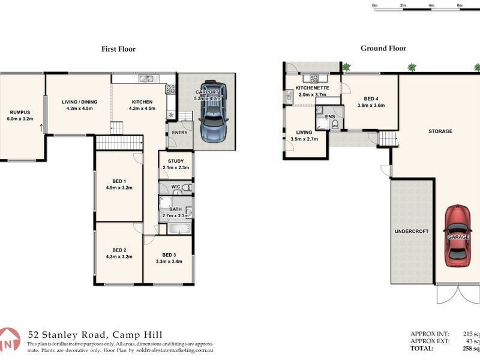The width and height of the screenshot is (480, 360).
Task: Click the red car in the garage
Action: (458, 236)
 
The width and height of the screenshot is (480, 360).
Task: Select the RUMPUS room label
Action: (20, 112)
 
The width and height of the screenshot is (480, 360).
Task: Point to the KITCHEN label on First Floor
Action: (142, 102)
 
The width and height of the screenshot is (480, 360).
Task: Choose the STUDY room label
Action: (175, 161)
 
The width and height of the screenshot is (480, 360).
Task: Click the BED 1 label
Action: (119, 181)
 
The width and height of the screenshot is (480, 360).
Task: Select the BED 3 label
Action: (169, 254)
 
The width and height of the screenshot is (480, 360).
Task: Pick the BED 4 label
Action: (371, 98)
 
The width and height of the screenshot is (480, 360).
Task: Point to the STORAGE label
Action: (440, 131)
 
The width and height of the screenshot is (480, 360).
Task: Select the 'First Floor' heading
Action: (118, 49)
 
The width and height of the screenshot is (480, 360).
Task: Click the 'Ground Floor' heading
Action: (383, 49)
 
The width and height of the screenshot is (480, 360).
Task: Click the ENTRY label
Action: (179, 133)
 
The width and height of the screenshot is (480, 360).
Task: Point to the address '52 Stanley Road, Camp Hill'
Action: (95, 335)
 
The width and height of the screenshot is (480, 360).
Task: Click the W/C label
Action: (176, 187)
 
